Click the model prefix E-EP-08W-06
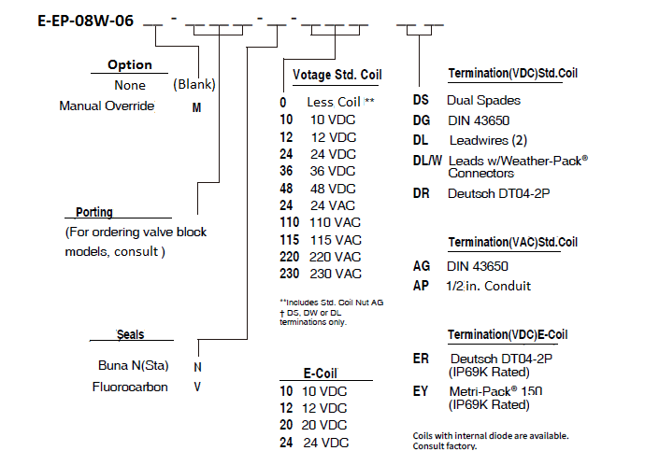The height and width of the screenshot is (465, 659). click(x=86, y=21)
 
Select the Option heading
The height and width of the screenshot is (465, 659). click(x=130, y=64)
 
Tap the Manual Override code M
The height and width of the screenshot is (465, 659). click(x=196, y=108)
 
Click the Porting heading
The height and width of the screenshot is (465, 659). click(x=94, y=212)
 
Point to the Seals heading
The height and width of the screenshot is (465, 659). click(x=130, y=334)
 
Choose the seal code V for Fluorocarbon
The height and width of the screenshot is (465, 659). click(x=197, y=387)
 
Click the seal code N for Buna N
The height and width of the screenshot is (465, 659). click(x=197, y=367)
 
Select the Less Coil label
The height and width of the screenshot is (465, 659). click(x=334, y=102)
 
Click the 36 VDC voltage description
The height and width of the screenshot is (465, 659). click(x=333, y=171)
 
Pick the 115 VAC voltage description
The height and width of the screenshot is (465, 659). click(x=336, y=240)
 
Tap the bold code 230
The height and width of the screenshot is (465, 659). click(x=289, y=274)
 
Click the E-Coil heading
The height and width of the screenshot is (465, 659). click(x=321, y=373)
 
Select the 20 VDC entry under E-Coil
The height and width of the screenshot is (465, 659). click(x=324, y=425)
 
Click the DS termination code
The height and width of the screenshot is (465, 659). click(x=421, y=100)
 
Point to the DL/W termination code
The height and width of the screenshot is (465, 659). click(x=427, y=161)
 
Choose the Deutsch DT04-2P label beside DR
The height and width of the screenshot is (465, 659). click(x=499, y=193)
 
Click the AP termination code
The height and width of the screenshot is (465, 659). click(x=421, y=286)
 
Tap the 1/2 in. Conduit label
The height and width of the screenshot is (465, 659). click(x=488, y=286)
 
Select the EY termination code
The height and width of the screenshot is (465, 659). click(x=421, y=391)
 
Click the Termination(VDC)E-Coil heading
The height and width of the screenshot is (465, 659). click(x=508, y=334)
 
